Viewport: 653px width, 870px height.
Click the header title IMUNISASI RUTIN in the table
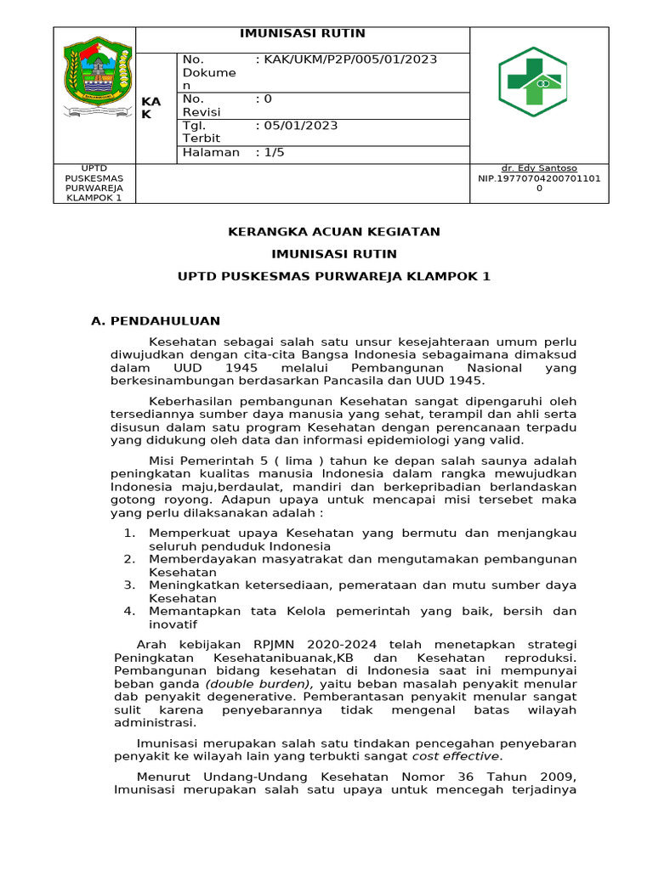pyautogui.click(x=302, y=34)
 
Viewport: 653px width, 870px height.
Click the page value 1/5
pyautogui.click(x=271, y=153)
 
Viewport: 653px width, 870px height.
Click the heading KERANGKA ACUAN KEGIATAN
pyautogui.click(x=333, y=232)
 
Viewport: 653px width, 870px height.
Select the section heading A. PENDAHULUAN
pyautogui.click(x=155, y=321)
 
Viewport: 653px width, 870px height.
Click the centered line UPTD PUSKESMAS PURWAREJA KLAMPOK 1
pyautogui.click(x=333, y=277)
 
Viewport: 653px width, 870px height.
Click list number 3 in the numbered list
pyautogui.click(x=129, y=585)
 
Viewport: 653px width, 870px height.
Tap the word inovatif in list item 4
pyautogui.click(x=173, y=624)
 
